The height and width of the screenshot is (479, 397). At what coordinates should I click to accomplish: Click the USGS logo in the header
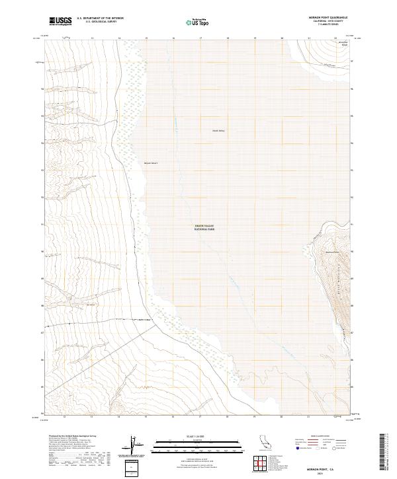pos(60,21)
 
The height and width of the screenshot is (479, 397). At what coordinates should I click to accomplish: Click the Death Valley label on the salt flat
pos(219,130)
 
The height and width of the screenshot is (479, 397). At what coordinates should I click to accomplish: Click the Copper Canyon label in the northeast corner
pos(343,44)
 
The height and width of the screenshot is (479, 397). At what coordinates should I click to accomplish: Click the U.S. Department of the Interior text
pos(100,18)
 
